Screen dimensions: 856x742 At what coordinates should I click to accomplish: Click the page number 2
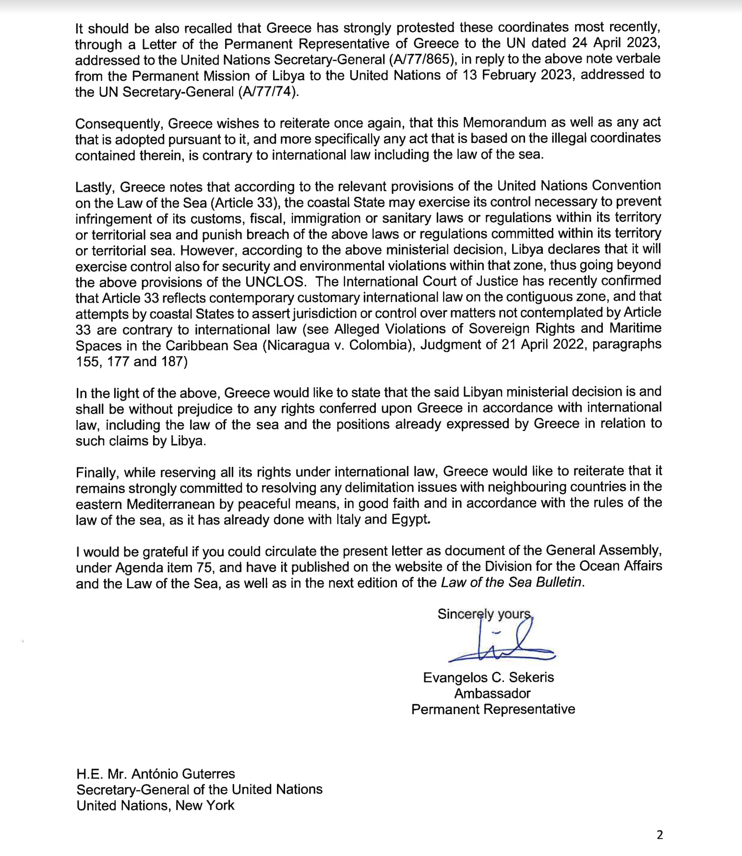[659, 835]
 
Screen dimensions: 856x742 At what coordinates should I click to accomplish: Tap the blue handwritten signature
[502, 643]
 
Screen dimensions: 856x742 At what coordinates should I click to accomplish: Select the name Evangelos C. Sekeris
[488, 678]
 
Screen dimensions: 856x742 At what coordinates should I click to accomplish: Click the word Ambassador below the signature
[492, 693]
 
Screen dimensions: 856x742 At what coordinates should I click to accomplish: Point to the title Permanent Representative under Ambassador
[493, 709]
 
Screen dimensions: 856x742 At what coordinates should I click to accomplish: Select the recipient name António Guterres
[183, 773]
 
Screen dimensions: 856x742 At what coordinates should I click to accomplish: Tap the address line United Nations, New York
[155, 805]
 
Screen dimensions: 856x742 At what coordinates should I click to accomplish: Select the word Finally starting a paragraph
[97, 472]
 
